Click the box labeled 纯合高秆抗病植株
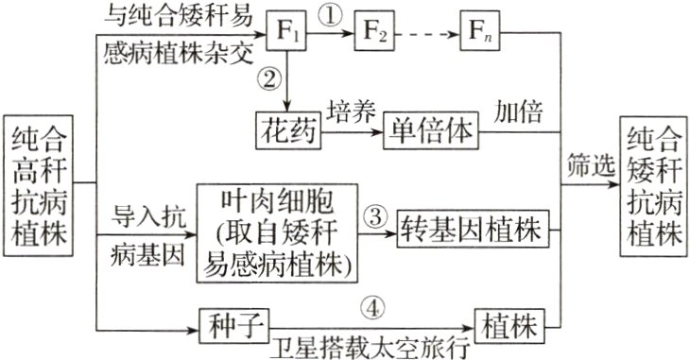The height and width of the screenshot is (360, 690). point(40,186)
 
